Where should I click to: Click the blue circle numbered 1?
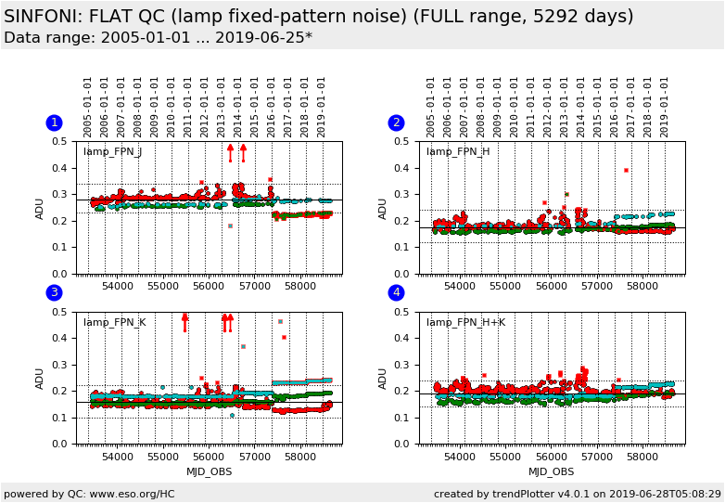pos(54,123)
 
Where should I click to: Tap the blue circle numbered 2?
pos(396,123)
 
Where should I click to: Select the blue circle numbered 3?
pos(54,293)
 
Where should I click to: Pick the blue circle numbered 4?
pos(396,293)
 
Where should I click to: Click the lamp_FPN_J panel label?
pos(112,152)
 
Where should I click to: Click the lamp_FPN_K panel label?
pos(113,323)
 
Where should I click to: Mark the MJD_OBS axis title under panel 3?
pos(209,471)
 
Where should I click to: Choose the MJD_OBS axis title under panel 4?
pos(551,471)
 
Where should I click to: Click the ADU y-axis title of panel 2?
pos(383,208)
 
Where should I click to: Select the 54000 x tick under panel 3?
pos(118,457)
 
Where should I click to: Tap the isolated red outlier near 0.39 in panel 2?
pos(626,170)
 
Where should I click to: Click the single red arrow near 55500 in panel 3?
pos(184,322)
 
